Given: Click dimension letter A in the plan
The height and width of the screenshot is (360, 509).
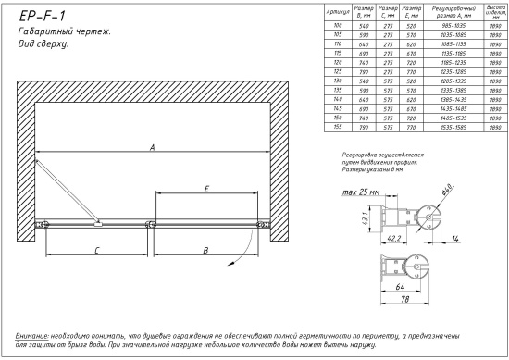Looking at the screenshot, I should coord(151,145).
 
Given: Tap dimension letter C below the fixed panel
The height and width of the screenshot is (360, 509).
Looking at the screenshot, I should coord(95,249).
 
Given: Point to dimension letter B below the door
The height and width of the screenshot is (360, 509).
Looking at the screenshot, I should coord(205,249).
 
